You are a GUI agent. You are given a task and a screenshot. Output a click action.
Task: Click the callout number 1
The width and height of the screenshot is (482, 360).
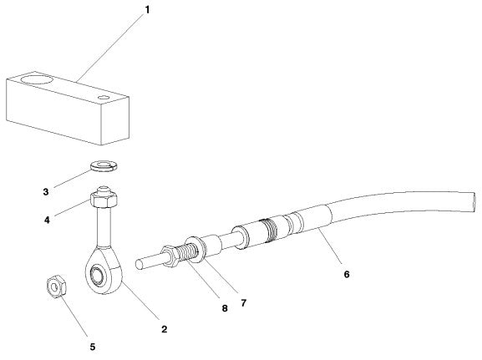[148, 10]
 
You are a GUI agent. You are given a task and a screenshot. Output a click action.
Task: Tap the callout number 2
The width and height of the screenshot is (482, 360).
[165, 329]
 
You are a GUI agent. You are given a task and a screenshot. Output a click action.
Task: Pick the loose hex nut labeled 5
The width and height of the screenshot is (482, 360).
[55, 286]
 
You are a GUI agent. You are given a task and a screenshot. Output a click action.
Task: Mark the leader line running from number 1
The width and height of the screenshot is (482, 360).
[109, 47]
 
